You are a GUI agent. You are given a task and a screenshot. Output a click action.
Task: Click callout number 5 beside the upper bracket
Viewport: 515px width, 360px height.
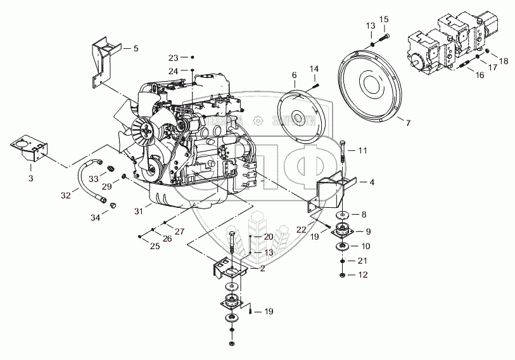(x=135, y=48)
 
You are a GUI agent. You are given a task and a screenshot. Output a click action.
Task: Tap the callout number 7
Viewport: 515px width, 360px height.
(x=407, y=123)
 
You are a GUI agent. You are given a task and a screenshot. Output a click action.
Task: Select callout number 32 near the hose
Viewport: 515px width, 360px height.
(x=66, y=196)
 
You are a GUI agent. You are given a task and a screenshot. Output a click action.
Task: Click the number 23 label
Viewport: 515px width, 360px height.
(x=174, y=57)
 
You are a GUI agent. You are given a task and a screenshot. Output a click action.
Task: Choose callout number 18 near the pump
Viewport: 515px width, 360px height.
(x=504, y=61)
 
